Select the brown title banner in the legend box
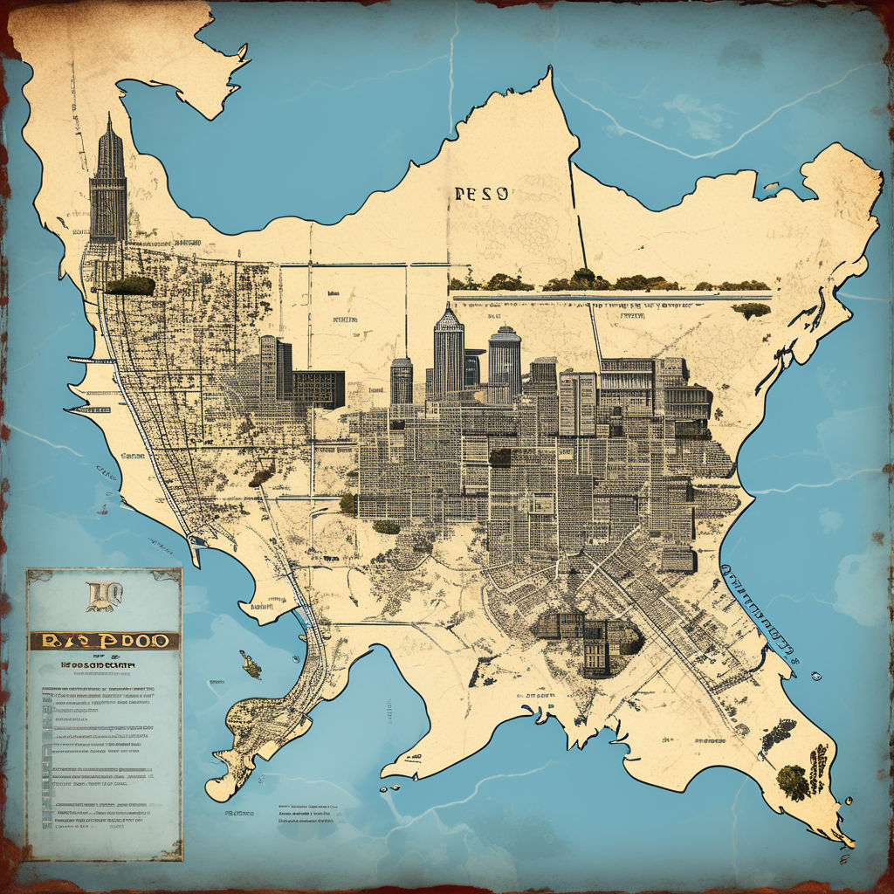104,640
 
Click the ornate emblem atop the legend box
102,597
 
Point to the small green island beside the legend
251,666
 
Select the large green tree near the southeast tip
793,781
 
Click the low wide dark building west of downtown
318,388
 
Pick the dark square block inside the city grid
499,457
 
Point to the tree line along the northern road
611,282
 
